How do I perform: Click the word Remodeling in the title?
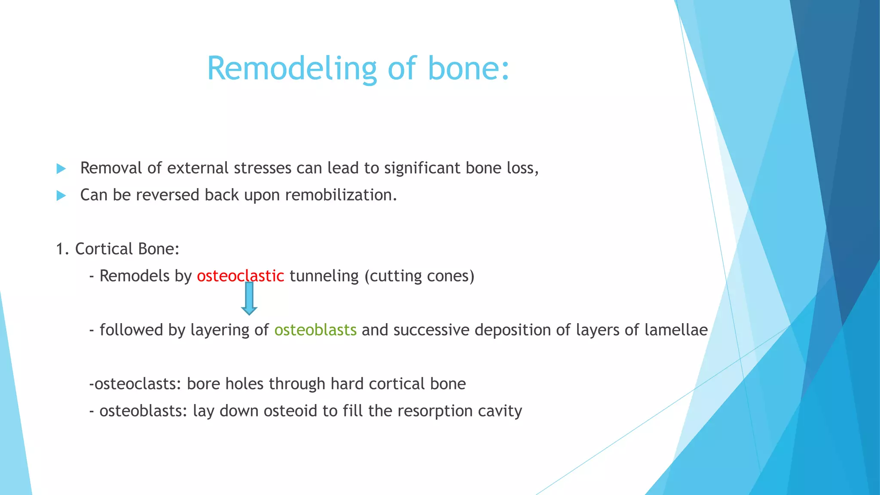292,68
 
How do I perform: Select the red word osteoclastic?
240,276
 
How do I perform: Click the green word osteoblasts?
315,330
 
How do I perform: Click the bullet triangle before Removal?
61,169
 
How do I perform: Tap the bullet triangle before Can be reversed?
61,196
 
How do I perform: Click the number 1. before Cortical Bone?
62,249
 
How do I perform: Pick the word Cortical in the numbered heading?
104,249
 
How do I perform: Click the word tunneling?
324,276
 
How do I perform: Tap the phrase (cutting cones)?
419,276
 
